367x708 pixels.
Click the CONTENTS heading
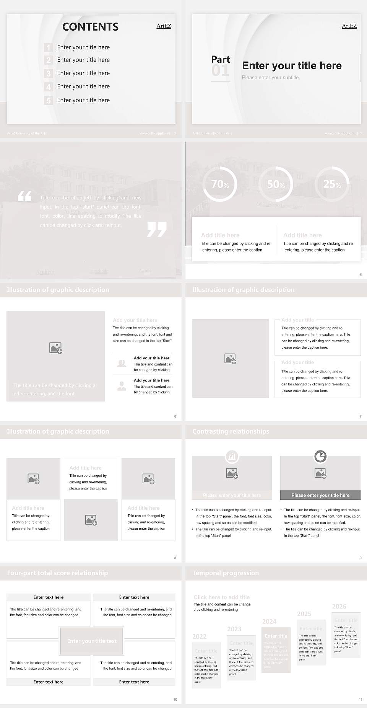point(90,27)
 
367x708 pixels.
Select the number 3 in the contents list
point(48,73)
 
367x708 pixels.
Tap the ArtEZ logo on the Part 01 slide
point(349,26)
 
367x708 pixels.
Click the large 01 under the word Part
point(220,71)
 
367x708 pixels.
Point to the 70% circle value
point(220,184)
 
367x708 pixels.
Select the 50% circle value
point(276,184)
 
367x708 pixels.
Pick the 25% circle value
point(331,184)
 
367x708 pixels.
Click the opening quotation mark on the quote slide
point(24,197)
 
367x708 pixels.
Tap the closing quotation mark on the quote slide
point(157,229)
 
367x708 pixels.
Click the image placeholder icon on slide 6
point(56,348)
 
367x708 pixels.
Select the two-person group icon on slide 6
point(122,364)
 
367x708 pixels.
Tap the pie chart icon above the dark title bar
point(320,456)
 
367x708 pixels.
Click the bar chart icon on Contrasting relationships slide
point(232,456)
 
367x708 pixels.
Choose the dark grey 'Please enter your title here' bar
point(320,495)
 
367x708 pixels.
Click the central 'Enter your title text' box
point(92,641)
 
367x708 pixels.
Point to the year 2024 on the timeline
point(269,622)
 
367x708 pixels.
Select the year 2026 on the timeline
point(339,606)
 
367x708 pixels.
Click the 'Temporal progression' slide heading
point(226,573)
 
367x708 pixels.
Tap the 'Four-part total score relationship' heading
point(57,573)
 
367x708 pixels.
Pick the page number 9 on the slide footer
point(361,558)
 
